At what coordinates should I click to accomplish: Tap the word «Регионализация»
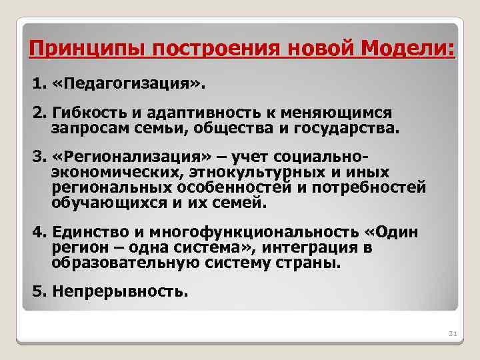130,157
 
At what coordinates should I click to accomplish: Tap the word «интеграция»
311,249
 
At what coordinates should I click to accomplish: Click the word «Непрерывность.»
119,291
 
